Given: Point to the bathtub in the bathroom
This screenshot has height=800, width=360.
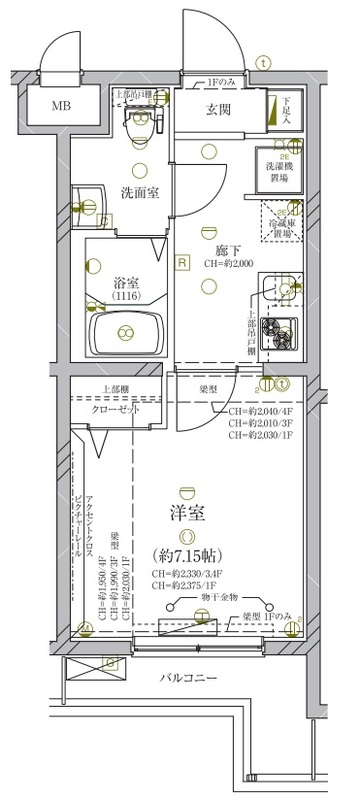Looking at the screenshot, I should [x=127, y=331].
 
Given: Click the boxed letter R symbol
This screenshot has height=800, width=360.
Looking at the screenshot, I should [x=182, y=263].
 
